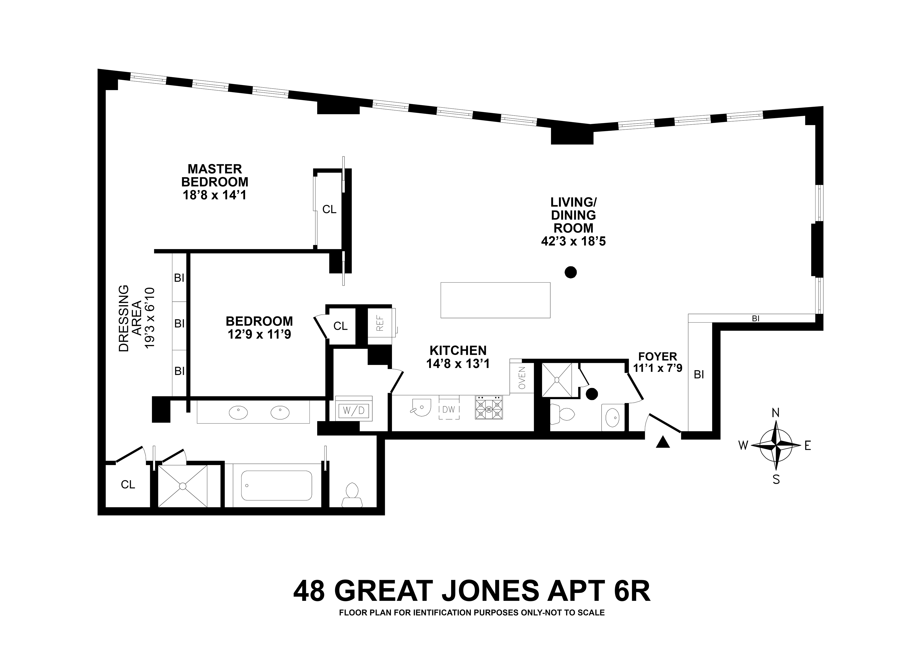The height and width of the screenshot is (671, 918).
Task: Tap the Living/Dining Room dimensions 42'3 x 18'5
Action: pos(573,241)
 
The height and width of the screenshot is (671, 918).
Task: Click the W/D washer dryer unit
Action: pos(354,411)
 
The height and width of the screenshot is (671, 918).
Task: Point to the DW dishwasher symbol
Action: pos(449,409)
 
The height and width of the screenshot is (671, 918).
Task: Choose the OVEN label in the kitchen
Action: pos(522,377)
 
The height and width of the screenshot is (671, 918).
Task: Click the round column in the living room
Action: pos(571,272)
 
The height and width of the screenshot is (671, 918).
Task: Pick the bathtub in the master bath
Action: pos(276,486)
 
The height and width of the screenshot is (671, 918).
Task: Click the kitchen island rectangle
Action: pos(495,300)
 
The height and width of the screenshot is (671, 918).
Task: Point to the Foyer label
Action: pos(657,357)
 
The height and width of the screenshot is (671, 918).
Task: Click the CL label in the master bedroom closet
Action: pos(329,209)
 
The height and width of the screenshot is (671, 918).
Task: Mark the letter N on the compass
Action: pos(775,413)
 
